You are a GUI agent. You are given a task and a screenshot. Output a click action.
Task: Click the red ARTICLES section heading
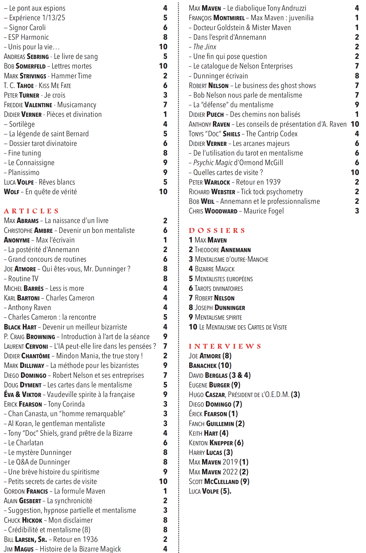click(31, 211)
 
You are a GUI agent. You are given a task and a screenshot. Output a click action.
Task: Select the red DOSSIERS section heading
click(217, 230)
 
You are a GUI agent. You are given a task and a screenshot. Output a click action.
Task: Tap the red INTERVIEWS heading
click(225, 346)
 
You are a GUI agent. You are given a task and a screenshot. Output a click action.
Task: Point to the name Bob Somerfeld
click(25, 66)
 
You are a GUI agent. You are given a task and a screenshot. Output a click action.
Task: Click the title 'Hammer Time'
click(71, 76)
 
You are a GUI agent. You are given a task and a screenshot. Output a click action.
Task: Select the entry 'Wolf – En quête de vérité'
click(40, 192)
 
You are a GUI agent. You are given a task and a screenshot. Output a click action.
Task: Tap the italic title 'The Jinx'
click(205, 47)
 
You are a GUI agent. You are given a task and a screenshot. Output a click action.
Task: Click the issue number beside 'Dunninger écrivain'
click(357, 76)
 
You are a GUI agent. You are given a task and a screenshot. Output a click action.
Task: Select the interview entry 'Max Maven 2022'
click(218, 472)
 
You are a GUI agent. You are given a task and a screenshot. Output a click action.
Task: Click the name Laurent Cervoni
click(26, 346)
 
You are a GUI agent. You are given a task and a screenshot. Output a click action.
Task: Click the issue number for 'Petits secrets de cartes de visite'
click(163, 481)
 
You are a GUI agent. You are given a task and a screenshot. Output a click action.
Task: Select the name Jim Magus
click(19, 549)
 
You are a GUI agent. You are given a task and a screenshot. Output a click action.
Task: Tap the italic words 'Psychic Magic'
click(213, 163)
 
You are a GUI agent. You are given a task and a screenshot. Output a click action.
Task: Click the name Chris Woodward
click(213, 211)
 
